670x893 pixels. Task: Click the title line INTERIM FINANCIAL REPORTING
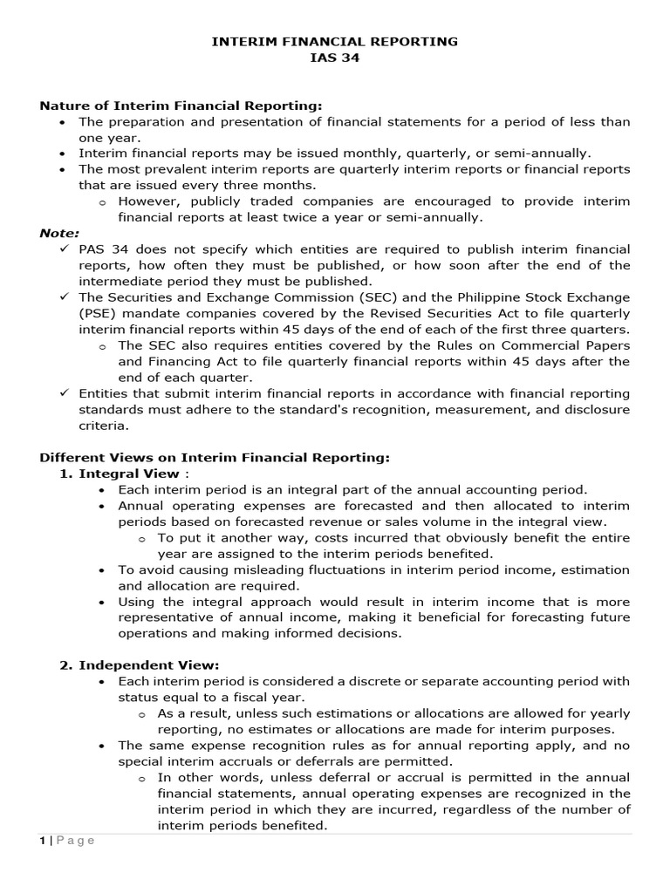335,41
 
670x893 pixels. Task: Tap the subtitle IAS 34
335,58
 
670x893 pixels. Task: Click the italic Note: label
59,233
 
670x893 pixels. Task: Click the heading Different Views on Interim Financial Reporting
215,457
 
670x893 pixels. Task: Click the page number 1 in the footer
43,841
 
